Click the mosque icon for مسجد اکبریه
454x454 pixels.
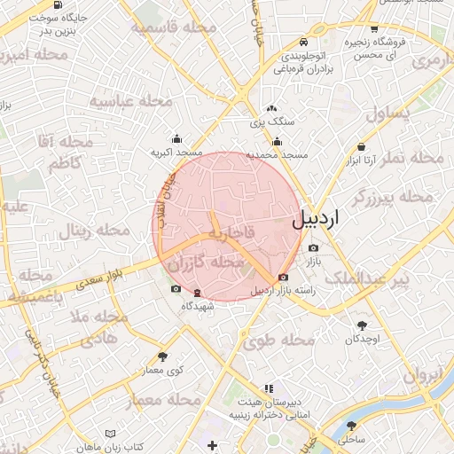pos(176,138)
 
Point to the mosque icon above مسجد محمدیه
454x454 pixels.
pos(278,140)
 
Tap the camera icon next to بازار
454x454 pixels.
pos(313,247)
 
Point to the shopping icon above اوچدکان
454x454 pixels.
pos(362,325)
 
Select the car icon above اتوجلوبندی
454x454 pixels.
pos(304,42)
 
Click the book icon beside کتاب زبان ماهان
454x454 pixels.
pos(111,434)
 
